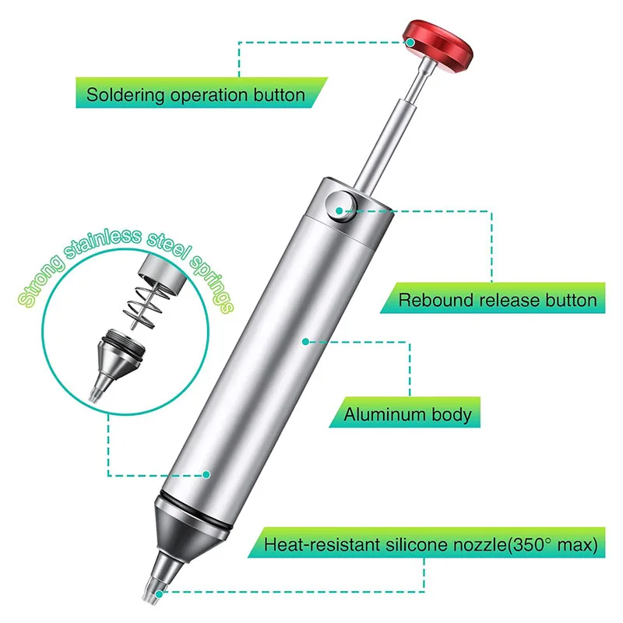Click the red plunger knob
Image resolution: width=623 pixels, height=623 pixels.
click(x=438, y=46)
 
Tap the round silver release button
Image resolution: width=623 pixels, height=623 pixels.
click(x=340, y=206)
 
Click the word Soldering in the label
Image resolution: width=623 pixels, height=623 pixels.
click(x=125, y=96)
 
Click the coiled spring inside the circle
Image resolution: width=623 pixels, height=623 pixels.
click(x=146, y=306)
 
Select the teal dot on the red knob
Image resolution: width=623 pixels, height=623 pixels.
click(x=411, y=42)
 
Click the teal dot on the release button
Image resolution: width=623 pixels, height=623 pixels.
click(x=339, y=210)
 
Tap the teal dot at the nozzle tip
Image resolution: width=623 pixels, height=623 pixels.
click(x=159, y=594)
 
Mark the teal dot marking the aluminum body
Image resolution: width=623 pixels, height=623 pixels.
click(x=305, y=342)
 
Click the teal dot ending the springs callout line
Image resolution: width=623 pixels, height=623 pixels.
click(x=206, y=474)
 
